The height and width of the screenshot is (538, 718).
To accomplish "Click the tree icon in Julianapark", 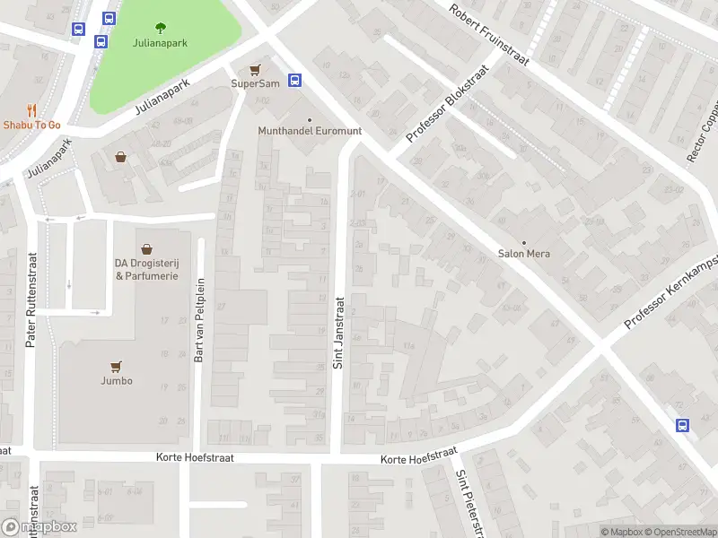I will point(161,27).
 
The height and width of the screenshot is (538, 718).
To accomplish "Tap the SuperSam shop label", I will point(256,83).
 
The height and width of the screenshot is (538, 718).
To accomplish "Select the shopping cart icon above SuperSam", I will point(256,69).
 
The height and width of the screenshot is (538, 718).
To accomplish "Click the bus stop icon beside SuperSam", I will point(293,80).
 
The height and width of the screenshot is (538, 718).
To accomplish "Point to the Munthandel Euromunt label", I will point(310,131).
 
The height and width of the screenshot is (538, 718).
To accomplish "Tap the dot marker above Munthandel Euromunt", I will point(310,119).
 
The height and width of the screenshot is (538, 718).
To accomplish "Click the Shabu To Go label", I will point(31,125).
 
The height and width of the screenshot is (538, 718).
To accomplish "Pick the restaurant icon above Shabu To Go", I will point(31,110).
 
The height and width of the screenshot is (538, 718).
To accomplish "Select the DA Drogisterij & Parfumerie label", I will point(145,269).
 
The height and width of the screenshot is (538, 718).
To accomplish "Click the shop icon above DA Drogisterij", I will point(145,248).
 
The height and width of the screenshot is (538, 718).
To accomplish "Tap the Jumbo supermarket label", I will point(116,380).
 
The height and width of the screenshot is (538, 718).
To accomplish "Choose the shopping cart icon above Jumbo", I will point(116,366).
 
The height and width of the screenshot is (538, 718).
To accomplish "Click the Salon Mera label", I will point(524,254).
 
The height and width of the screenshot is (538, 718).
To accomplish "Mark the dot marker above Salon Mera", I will point(524,242).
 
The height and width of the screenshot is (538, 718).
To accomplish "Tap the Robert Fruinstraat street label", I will point(490,36).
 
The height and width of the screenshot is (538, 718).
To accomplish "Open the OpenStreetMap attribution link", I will point(679,532).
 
